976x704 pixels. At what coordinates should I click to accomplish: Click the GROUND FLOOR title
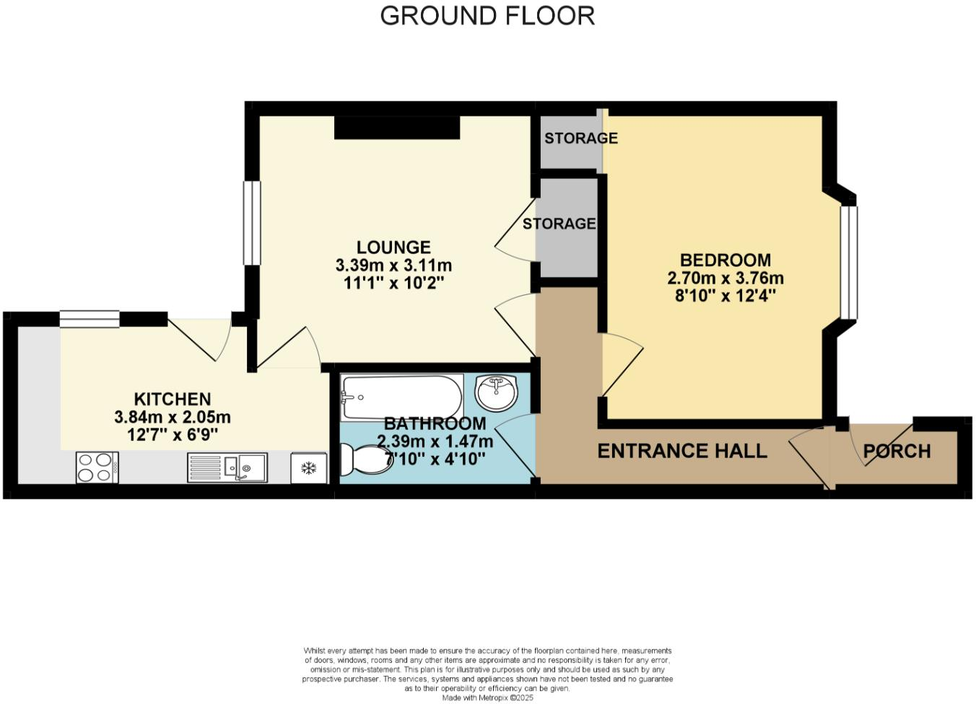(x=487, y=16)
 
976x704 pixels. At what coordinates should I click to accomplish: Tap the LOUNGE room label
(x=393, y=247)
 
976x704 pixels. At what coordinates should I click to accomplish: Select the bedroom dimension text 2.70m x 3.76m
(x=726, y=278)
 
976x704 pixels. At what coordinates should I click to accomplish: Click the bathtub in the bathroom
(x=401, y=397)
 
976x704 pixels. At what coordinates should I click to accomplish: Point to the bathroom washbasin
(x=497, y=392)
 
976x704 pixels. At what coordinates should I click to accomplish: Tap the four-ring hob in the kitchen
(x=97, y=467)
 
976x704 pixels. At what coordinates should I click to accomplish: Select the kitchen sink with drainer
(x=227, y=467)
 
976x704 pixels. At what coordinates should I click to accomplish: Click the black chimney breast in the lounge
(x=397, y=128)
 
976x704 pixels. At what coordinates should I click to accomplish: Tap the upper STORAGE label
(x=580, y=138)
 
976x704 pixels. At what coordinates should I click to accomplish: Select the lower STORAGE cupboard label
(x=559, y=224)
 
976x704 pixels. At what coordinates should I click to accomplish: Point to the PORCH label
(x=897, y=452)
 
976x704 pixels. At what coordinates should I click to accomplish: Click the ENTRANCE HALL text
(x=682, y=452)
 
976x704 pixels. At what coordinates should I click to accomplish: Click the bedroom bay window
(x=848, y=262)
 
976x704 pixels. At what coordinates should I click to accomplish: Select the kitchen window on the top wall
(x=90, y=319)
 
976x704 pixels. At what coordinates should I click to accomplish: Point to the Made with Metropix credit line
(x=487, y=698)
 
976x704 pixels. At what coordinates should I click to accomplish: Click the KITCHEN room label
(x=173, y=399)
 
